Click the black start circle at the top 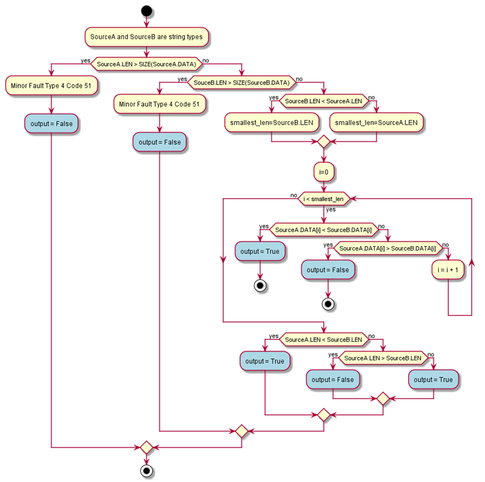(147, 10)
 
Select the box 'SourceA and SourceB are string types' (147, 37)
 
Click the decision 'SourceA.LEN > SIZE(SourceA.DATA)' (147, 64)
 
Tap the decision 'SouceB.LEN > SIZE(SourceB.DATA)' (242, 83)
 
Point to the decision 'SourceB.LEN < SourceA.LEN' (323, 101)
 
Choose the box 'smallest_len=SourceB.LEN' (271, 122)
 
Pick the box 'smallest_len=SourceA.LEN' (376, 122)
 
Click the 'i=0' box (323, 171)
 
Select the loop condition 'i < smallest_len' (323, 199)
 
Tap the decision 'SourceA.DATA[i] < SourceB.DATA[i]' (323, 230)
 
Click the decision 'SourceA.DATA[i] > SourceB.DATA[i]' (388, 249)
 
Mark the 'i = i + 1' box (448, 270)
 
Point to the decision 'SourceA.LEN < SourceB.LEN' (323, 339)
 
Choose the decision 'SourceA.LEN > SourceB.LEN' (383, 358)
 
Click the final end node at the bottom (147, 471)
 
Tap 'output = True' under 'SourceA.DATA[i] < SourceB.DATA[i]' (260, 252)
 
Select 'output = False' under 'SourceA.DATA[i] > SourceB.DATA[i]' (328, 270)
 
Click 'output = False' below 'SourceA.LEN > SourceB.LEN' (333, 380)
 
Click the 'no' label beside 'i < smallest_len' (294, 196)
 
